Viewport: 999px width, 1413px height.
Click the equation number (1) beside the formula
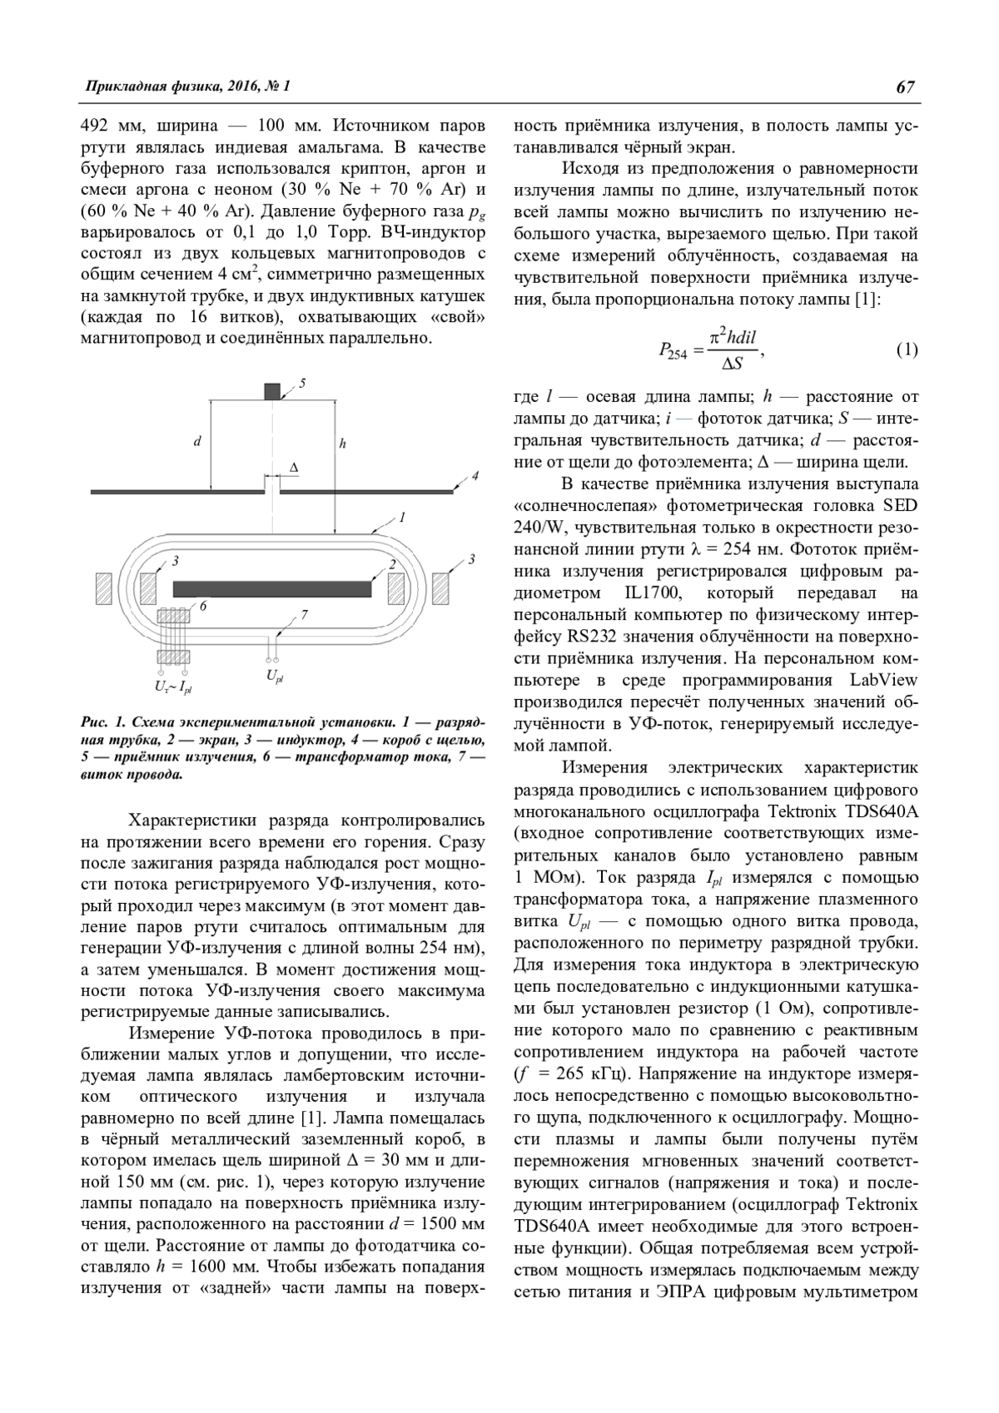907,350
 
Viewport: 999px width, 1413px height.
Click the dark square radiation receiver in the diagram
272,392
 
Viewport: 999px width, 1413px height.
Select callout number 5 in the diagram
302,383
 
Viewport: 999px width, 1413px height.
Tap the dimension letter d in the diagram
197,442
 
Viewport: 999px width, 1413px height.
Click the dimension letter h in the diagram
342,444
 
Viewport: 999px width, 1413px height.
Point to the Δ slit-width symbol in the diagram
293,469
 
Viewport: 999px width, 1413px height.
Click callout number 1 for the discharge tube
402,518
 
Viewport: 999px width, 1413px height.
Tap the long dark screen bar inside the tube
272,588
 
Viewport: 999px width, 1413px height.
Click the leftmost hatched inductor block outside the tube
104,588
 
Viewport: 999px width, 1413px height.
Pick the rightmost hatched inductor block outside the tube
440,588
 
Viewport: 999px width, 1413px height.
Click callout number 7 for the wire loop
305,615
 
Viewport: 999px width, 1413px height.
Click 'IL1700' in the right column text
648,593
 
